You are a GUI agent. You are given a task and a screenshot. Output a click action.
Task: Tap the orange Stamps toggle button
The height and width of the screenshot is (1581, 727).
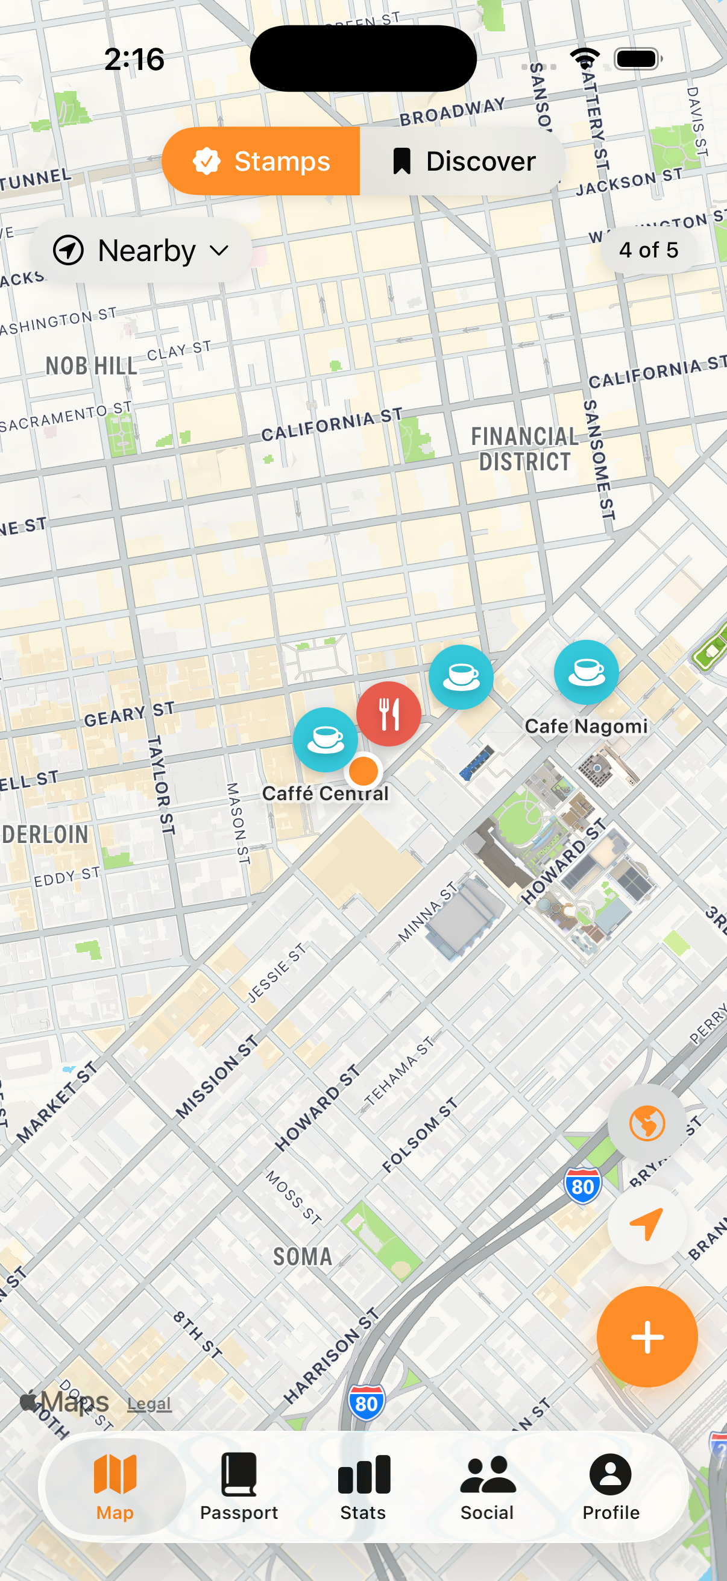coord(262,161)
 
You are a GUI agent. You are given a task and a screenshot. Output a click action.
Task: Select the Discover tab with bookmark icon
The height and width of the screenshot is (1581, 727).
coord(463,161)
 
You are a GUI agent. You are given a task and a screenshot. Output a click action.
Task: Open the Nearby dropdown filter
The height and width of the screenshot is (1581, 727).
coord(141,250)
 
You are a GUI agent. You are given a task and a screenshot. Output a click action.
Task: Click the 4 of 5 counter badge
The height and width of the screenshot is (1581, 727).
coord(649,250)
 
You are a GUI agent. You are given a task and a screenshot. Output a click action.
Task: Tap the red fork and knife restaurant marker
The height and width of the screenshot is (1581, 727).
coord(388,714)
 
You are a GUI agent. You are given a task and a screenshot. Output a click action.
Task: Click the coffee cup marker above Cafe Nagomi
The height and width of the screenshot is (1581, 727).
coord(586,672)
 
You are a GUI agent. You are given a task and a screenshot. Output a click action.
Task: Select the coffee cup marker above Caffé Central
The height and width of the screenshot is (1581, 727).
coord(324,740)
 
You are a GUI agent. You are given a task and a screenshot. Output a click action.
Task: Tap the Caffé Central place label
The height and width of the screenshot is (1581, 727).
coord(325,794)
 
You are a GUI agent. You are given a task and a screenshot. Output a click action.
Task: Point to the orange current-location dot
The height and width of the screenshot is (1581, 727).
coord(364,771)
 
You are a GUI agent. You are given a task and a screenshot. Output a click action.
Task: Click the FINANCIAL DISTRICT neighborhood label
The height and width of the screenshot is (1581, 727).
coord(524,449)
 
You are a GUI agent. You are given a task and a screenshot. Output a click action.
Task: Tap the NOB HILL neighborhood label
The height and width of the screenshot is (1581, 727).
coord(92,367)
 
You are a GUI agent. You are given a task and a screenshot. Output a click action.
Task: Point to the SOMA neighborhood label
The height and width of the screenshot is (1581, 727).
coord(303,1257)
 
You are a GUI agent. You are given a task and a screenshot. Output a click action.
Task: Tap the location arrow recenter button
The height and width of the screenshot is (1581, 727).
coord(647,1225)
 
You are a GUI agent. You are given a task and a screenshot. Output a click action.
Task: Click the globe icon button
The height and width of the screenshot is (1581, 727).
coord(647,1123)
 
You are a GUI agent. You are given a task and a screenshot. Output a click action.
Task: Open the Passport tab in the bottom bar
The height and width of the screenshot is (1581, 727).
coord(239,1486)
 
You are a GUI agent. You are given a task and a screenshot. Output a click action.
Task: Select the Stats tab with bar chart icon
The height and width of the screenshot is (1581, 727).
coord(363,1486)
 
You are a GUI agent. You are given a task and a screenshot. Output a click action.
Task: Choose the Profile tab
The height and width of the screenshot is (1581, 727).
coord(611,1486)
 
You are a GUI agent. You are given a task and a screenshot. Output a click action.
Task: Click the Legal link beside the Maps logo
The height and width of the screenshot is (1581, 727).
coord(149,1403)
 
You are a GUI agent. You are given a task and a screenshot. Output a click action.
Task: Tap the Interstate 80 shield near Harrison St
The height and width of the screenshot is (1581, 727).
coord(367,1403)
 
